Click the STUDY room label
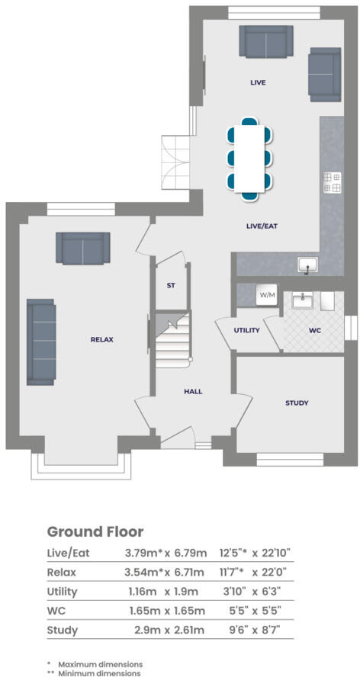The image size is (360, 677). [297, 403]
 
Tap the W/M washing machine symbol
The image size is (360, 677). [267, 294]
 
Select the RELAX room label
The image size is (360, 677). [101, 339]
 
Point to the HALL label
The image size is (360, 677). [193, 391]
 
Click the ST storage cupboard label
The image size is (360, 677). [171, 286]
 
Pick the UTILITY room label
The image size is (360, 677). [248, 330]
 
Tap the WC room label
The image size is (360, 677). [315, 332]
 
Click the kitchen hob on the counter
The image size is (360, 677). [332, 182]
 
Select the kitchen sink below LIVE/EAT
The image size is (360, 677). [308, 265]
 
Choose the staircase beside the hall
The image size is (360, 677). [171, 342]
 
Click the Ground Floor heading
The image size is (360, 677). [95, 531]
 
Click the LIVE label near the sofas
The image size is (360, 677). [258, 82]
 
